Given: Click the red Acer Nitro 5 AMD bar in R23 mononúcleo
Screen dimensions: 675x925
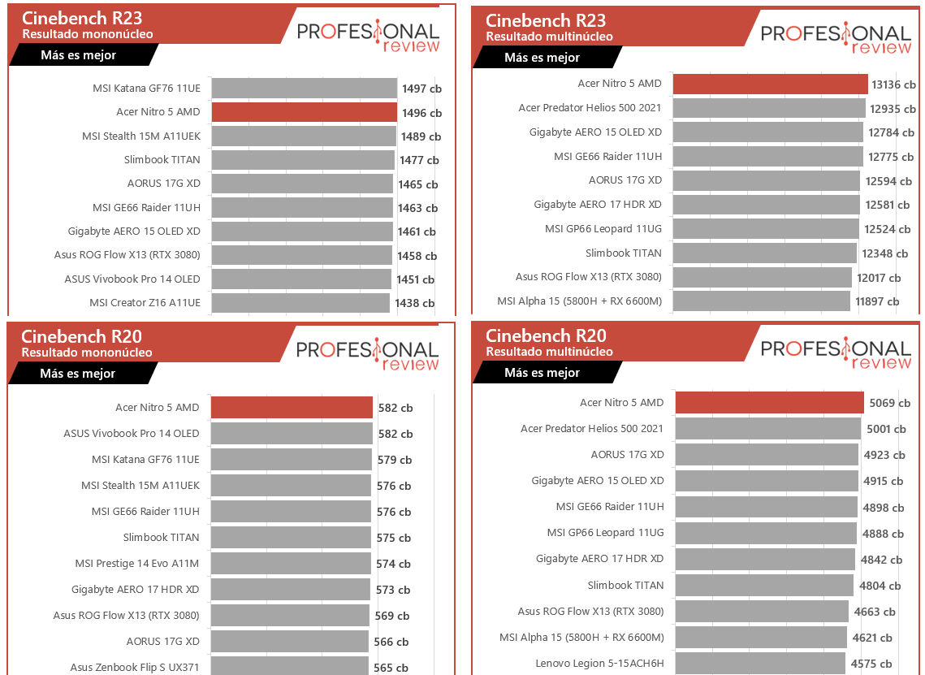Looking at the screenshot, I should pos(304,112).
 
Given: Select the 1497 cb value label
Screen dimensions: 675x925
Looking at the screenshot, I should pos(421,89).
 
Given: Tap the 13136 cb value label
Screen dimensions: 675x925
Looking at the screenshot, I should pos(893,84).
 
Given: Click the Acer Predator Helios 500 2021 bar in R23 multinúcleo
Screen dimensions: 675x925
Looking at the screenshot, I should pos(769,108).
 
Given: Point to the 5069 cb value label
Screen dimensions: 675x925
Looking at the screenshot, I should pos(888,403).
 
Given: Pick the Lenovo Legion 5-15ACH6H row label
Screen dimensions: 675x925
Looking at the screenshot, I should pos(599,664).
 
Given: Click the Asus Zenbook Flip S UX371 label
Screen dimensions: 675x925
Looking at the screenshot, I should pos(135,668).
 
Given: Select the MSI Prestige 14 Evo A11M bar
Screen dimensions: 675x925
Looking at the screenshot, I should pos(291,564).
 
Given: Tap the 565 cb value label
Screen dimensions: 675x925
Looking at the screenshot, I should pos(392,668).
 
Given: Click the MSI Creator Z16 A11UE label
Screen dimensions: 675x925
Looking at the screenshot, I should pos(145,303).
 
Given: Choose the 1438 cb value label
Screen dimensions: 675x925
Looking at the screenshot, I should pos(414,303).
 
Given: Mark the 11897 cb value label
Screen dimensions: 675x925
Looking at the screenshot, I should pos(877,301).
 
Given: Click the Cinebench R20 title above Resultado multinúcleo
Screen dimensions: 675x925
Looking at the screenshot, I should pos(546,335).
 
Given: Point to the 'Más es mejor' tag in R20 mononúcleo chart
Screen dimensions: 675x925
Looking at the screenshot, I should pos(78,374).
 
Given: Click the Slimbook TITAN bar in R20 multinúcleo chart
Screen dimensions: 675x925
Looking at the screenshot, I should pos(764,585).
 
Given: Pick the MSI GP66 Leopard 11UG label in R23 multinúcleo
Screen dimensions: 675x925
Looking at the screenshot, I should pos(603,229).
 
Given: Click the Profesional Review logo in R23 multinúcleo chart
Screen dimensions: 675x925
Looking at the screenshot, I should pos(836,38).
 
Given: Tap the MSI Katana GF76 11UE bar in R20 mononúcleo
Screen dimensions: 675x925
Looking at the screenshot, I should pos(291,460).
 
